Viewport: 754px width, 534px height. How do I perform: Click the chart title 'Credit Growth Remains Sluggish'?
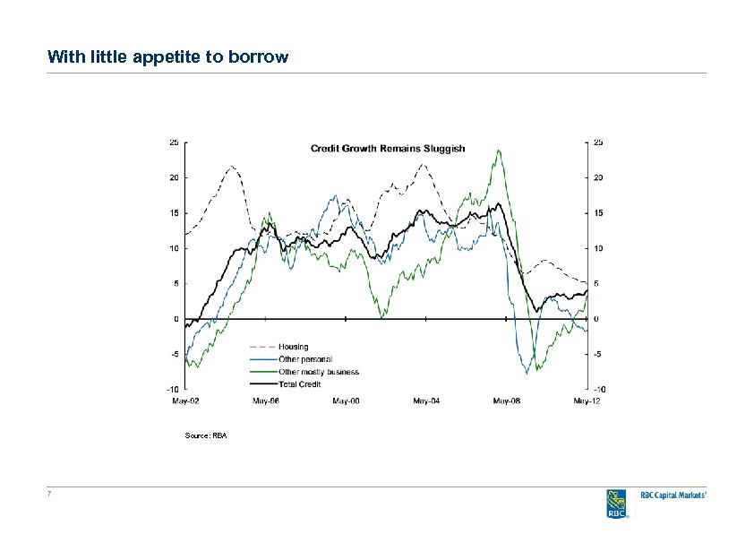[388, 148]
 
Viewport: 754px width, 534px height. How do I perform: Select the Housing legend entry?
[293, 347]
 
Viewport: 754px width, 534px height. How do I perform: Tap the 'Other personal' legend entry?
[304, 359]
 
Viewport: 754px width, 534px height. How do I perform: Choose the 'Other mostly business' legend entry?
[318, 372]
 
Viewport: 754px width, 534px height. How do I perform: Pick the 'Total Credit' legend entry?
[300, 384]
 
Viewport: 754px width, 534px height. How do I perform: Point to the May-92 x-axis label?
[185, 401]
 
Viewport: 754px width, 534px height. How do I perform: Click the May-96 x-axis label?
[265, 401]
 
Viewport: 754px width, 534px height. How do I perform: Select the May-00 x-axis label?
[346, 401]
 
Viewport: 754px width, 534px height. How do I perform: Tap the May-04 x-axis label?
[426, 401]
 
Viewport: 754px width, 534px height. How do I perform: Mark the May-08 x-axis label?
[506, 401]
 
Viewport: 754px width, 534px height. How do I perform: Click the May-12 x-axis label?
[586, 401]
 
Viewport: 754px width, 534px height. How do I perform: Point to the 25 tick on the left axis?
[174, 142]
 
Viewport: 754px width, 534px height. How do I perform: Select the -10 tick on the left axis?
[172, 390]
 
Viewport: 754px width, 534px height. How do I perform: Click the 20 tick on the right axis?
[596, 177]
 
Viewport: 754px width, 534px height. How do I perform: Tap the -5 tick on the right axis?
[596, 354]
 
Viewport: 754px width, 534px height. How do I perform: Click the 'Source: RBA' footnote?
[206, 435]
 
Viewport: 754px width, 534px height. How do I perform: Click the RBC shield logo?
[617, 504]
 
